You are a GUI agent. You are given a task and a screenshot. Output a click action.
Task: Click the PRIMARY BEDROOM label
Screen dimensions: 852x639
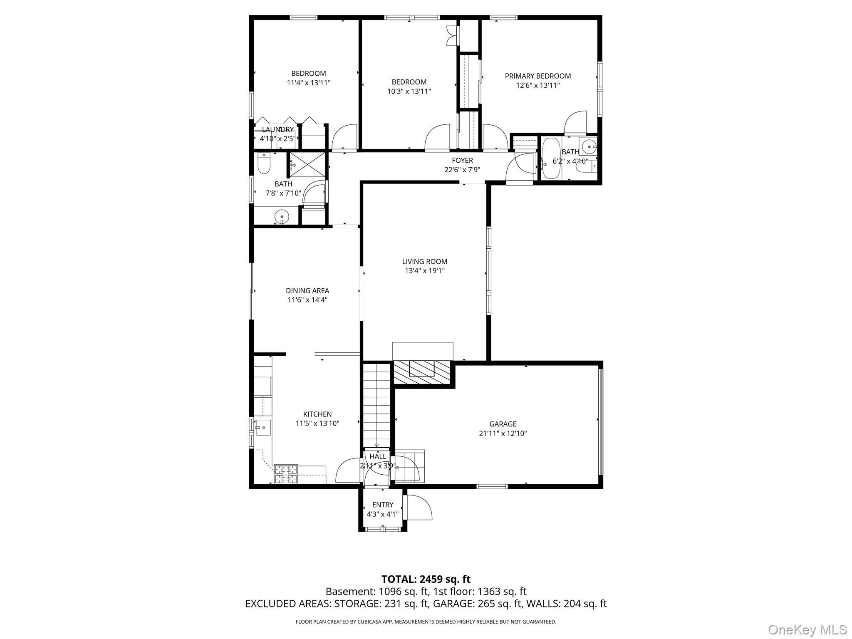(x=537, y=76)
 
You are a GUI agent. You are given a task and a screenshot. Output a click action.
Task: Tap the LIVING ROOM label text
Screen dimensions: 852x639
(x=424, y=262)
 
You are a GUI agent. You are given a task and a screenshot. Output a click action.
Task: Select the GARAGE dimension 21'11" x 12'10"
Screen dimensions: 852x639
(x=503, y=433)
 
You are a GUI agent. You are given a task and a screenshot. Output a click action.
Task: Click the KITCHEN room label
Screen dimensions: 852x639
(x=317, y=414)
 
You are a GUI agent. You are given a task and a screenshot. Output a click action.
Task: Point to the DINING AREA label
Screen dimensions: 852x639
(x=307, y=291)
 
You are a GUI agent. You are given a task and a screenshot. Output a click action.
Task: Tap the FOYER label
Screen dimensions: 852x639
(x=462, y=161)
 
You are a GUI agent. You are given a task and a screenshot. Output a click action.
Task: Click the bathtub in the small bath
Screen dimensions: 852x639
(x=551, y=159)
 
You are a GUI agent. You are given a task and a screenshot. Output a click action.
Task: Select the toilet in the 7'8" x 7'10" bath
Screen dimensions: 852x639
(x=264, y=164)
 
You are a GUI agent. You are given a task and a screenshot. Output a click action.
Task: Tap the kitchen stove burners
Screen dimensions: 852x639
(x=286, y=474)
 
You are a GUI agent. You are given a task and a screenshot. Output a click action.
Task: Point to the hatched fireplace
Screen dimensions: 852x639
(x=422, y=372)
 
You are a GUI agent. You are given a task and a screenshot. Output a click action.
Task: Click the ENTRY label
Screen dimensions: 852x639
(x=383, y=505)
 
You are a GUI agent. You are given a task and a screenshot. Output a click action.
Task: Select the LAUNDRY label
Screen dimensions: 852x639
(x=278, y=129)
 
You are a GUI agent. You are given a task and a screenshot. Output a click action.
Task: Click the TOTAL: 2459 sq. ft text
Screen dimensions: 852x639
(x=426, y=579)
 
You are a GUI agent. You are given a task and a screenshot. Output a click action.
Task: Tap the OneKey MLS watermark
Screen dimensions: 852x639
(x=807, y=629)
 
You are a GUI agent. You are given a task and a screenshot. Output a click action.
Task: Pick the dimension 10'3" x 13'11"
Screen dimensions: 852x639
(x=409, y=92)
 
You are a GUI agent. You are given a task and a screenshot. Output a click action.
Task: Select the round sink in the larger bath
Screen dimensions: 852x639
(x=282, y=216)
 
